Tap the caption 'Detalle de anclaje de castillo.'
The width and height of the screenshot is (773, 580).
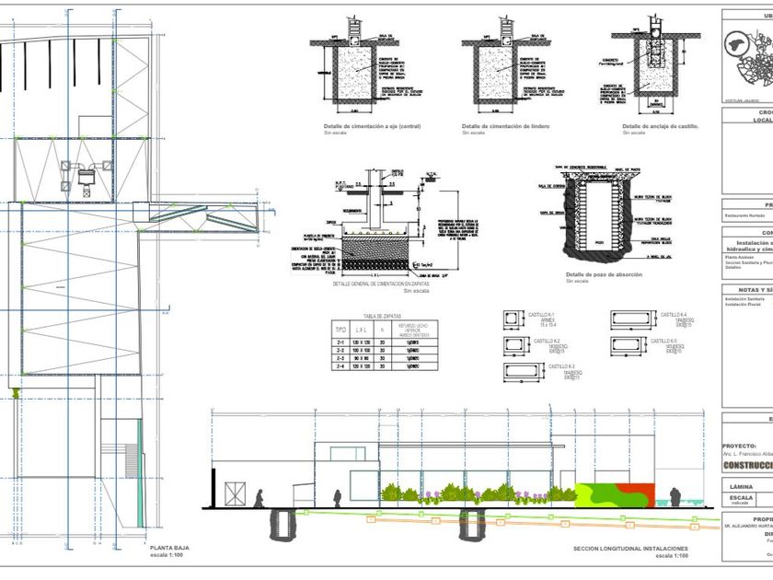[x=660, y=126]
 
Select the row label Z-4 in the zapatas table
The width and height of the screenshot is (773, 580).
[x=340, y=366]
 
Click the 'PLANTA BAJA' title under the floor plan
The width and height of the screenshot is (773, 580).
[x=169, y=548]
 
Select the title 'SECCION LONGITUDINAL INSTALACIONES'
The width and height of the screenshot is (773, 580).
[x=629, y=549]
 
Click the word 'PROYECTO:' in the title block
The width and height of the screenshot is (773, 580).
[x=742, y=445]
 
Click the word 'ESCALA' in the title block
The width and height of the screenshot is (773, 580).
[x=741, y=496]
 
